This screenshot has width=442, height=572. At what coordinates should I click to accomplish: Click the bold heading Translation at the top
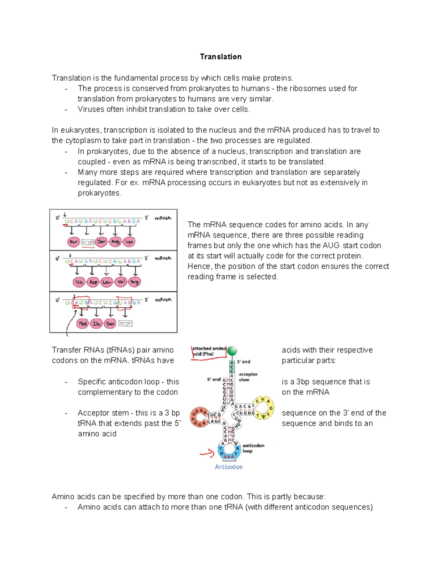coord(221,57)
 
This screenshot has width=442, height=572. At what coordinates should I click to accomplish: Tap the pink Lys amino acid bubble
coord(129,242)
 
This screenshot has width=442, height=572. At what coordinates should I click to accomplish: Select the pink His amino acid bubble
coord(79,282)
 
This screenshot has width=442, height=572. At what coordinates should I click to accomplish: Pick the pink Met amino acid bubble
coord(83,324)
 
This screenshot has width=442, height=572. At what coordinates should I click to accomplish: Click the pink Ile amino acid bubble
coord(97,324)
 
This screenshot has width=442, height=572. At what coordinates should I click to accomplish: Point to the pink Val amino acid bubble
coord(121,282)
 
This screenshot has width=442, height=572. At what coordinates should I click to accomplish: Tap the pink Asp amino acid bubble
coord(93,282)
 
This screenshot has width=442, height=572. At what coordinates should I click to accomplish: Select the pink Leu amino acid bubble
coord(107,282)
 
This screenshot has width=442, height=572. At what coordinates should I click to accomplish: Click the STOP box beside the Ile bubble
coord(125,323)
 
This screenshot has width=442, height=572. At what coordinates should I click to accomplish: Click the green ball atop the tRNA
coord(232,351)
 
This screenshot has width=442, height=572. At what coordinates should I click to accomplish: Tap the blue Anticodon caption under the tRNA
coord(229,467)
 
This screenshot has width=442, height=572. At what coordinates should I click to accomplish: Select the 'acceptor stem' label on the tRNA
coord(248,377)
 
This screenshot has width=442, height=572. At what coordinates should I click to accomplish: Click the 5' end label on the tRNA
coord(214,379)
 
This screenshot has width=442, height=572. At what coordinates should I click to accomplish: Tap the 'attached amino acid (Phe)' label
coord(209,351)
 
